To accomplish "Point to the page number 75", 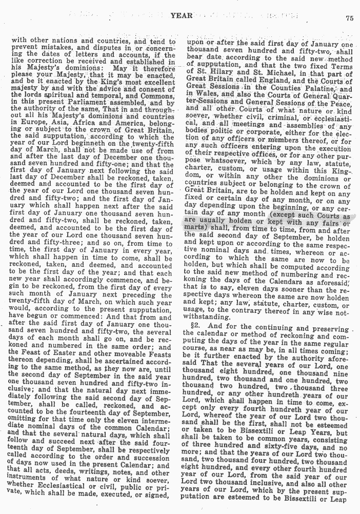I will pos(350,18).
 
